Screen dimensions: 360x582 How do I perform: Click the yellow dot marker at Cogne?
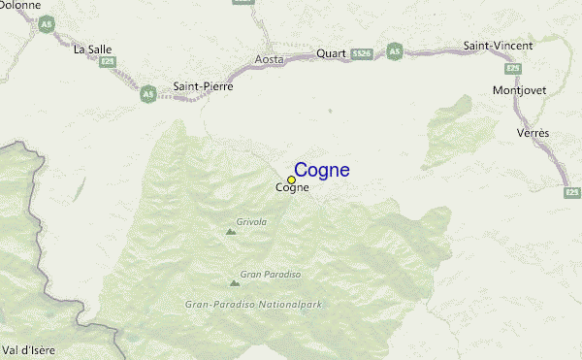tap(291, 180)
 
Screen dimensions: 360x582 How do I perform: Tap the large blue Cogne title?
tap(321, 171)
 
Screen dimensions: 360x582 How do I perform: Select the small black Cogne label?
tap(293, 188)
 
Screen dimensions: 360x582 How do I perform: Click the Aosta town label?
tap(269, 59)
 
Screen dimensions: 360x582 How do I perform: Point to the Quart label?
tap(330, 53)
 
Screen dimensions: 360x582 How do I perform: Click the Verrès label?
tap(533, 132)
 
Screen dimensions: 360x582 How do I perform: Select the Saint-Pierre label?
tap(203, 86)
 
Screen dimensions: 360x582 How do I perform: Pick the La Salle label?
tap(94, 49)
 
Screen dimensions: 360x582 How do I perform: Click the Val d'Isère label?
tap(27, 348)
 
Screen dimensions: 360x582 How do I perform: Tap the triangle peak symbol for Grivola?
tap(230, 232)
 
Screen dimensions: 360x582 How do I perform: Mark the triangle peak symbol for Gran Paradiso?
tap(234, 283)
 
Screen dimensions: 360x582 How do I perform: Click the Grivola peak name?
tap(251, 222)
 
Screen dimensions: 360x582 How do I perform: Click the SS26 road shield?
tap(362, 52)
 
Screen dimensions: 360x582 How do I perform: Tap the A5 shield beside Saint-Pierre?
tap(147, 94)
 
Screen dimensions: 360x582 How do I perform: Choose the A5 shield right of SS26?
tap(394, 49)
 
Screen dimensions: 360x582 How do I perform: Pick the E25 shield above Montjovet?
tap(513, 69)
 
